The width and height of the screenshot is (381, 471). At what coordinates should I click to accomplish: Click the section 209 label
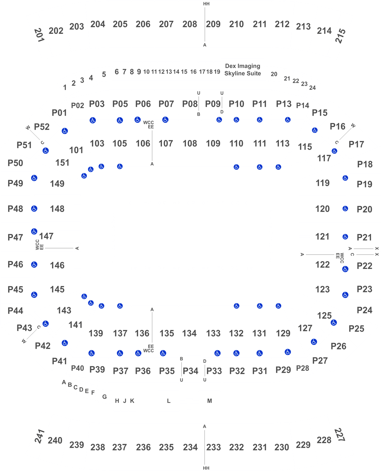tap(213, 24)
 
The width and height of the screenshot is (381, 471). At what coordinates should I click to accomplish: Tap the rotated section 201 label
tap(40, 35)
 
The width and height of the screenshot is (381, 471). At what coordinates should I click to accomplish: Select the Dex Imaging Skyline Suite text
tap(242, 70)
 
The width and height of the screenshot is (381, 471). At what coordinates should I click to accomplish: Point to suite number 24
tap(312, 88)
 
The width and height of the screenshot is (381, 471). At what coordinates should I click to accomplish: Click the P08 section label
tap(190, 104)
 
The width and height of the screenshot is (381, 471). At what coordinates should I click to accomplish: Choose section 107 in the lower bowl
tap(166, 143)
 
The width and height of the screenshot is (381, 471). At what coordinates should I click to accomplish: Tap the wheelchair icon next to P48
tap(34, 208)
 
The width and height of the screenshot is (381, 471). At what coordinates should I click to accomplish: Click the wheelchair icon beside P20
tap(345, 208)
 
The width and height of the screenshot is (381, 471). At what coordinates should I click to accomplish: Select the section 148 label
tap(57, 209)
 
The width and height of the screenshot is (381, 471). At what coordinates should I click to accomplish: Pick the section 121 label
tap(322, 236)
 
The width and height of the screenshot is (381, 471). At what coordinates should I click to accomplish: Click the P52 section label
tap(42, 127)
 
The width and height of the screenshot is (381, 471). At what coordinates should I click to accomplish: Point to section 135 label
tap(167, 333)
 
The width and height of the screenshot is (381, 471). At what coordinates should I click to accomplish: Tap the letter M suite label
tap(210, 401)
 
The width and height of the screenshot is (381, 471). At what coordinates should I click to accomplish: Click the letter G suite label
tap(105, 397)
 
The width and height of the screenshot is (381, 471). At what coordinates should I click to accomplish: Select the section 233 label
tap(213, 447)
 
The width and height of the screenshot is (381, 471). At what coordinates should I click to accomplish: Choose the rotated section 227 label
tap(340, 435)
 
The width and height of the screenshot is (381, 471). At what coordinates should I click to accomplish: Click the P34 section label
tap(190, 371)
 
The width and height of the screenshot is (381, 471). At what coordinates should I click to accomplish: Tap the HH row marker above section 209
tap(206, 4)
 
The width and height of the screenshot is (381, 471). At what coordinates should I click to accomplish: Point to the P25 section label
tap(356, 329)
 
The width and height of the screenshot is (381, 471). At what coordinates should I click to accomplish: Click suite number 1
tap(65, 88)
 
